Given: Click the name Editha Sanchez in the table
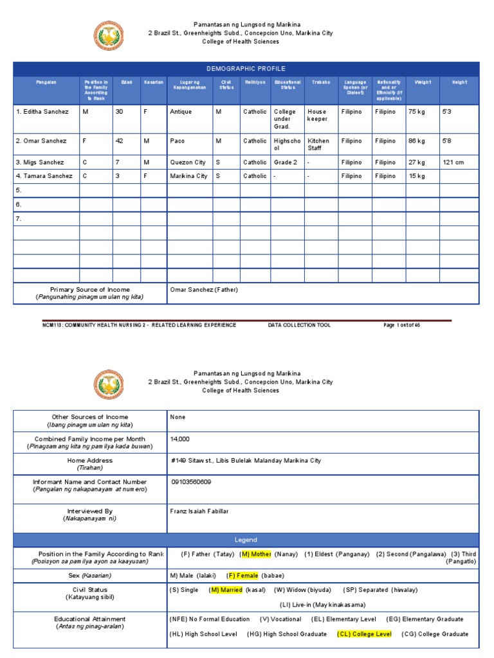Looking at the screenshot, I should (42, 112).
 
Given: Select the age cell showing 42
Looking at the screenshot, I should (120, 141).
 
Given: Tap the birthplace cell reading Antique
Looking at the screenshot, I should (181, 112).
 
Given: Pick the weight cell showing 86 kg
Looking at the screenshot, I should (417, 141).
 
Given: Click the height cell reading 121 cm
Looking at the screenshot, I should (453, 163).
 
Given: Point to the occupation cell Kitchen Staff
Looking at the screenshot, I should (318, 145).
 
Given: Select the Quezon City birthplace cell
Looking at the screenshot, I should (187, 163).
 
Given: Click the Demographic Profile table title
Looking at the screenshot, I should (246, 69).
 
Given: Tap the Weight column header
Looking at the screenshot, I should (423, 82).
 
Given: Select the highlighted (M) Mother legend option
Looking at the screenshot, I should (255, 554).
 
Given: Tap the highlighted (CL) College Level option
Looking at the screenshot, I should (364, 634).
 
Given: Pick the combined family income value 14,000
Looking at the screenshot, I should (181, 439).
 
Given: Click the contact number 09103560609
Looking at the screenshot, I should (192, 482).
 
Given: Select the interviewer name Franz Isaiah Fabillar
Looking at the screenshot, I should (199, 511).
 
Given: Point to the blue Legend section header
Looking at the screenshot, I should (246, 540).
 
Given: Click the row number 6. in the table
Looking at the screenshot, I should (19, 204).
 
